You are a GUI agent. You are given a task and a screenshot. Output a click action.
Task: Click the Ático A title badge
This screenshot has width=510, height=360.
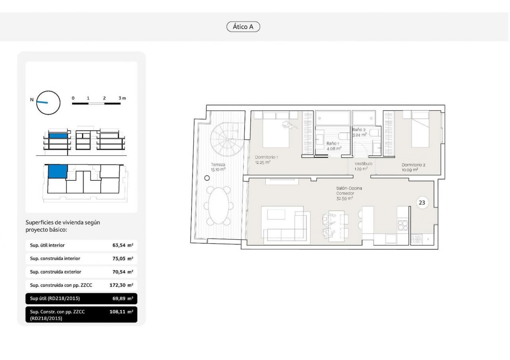pyautogui.click(x=243, y=27)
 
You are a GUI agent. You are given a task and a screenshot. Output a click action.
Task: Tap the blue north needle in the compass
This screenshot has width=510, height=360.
pyautogui.click(x=42, y=102)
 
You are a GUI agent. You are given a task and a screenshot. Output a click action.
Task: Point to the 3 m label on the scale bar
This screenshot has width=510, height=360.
pyautogui.click(x=122, y=98)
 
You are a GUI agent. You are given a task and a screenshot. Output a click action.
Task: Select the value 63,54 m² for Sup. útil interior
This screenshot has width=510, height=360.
pyautogui.click(x=123, y=245)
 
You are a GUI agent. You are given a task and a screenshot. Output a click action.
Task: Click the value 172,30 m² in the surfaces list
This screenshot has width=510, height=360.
pyautogui.click(x=122, y=285)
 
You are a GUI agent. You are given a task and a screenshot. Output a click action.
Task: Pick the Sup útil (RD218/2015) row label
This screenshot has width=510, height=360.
pyautogui.click(x=55, y=298)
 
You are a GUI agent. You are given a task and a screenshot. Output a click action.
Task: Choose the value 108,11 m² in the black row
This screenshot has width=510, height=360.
pyautogui.click(x=122, y=311)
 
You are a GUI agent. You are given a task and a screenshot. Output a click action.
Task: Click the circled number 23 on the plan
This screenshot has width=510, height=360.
pyautogui.click(x=422, y=203)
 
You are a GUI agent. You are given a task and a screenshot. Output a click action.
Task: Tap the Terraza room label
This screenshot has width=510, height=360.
pyautogui.click(x=218, y=164)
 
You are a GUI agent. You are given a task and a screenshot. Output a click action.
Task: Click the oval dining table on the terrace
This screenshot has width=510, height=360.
pyautogui.click(x=219, y=205)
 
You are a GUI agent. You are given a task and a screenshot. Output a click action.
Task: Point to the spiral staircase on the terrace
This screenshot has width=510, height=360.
pyautogui.click(x=227, y=139)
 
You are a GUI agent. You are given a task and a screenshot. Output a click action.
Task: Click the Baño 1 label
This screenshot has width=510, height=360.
pyautogui.click(x=333, y=143)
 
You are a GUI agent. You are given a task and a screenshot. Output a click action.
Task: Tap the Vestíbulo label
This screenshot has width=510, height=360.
pyautogui.click(x=363, y=164)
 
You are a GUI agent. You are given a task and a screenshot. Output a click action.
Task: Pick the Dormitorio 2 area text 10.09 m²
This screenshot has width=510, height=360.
pyautogui.click(x=410, y=170)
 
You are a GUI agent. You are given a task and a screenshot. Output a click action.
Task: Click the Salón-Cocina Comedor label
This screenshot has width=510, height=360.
pyautogui.click(x=349, y=191)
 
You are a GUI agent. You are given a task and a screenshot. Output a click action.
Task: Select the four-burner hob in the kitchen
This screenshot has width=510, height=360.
pyautogui.click(x=403, y=225)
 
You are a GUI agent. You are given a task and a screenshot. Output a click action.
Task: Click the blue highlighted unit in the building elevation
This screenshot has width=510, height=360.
pyautogui.click(x=58, y=136)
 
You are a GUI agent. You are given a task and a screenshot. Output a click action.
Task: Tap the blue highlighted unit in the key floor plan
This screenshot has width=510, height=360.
pyautogui.click(x=58, y=171)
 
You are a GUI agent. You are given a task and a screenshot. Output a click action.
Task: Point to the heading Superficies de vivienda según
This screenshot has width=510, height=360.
pyautogui.click(x=63, y=222)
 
